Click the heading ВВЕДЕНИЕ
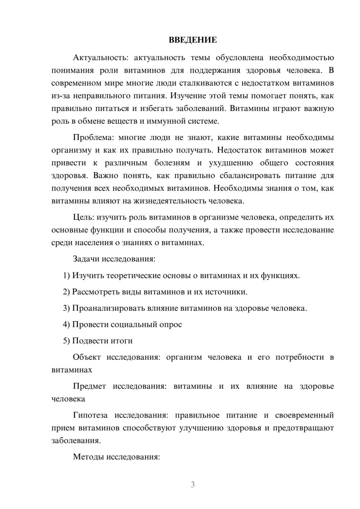193,40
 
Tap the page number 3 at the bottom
193,485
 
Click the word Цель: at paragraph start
84,217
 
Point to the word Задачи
86,259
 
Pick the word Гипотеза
90,415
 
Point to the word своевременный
305,415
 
